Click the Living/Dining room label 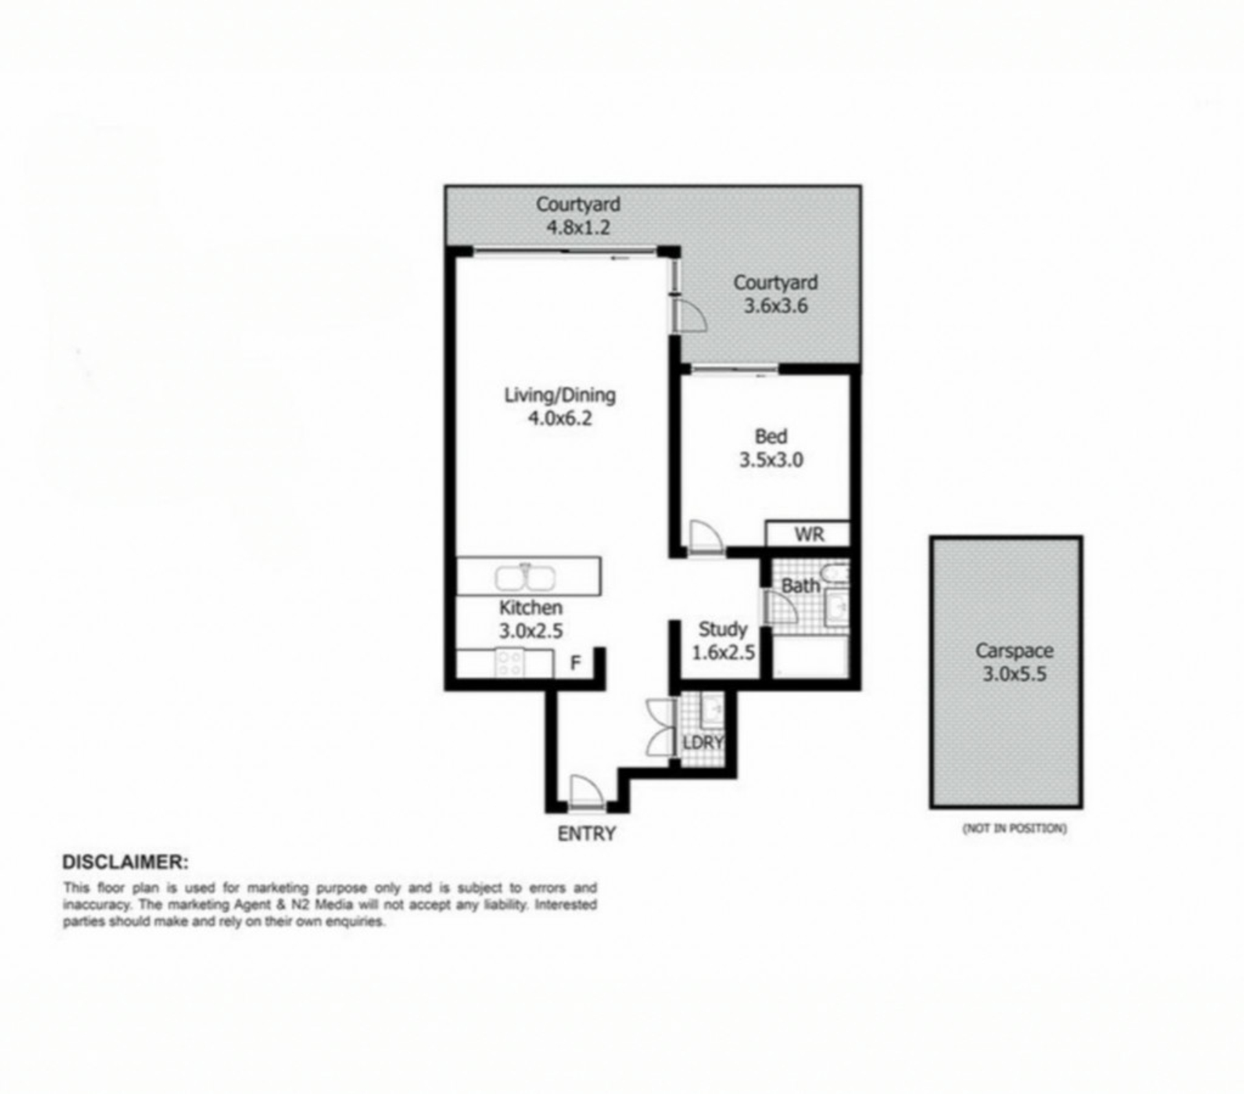tap(560, 394)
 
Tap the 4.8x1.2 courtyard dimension tap(578, 227)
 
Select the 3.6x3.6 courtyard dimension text tap(776, 306)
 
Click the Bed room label tap(771, 437)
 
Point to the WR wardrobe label tap(809, 534)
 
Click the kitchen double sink tap(525, 577)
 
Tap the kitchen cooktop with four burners tap(509, 663)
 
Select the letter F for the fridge tap(575, 663)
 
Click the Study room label tap(723, 629)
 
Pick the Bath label tap(801, 586)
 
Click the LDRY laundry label tap(702, 743)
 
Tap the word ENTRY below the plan tap(586, 834)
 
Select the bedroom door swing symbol tap(706, 536)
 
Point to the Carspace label tap(1015, 650)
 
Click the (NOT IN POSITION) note tap(1015, 828)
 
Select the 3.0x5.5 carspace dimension tap(1015, 674)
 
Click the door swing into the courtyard tap(689, 315)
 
